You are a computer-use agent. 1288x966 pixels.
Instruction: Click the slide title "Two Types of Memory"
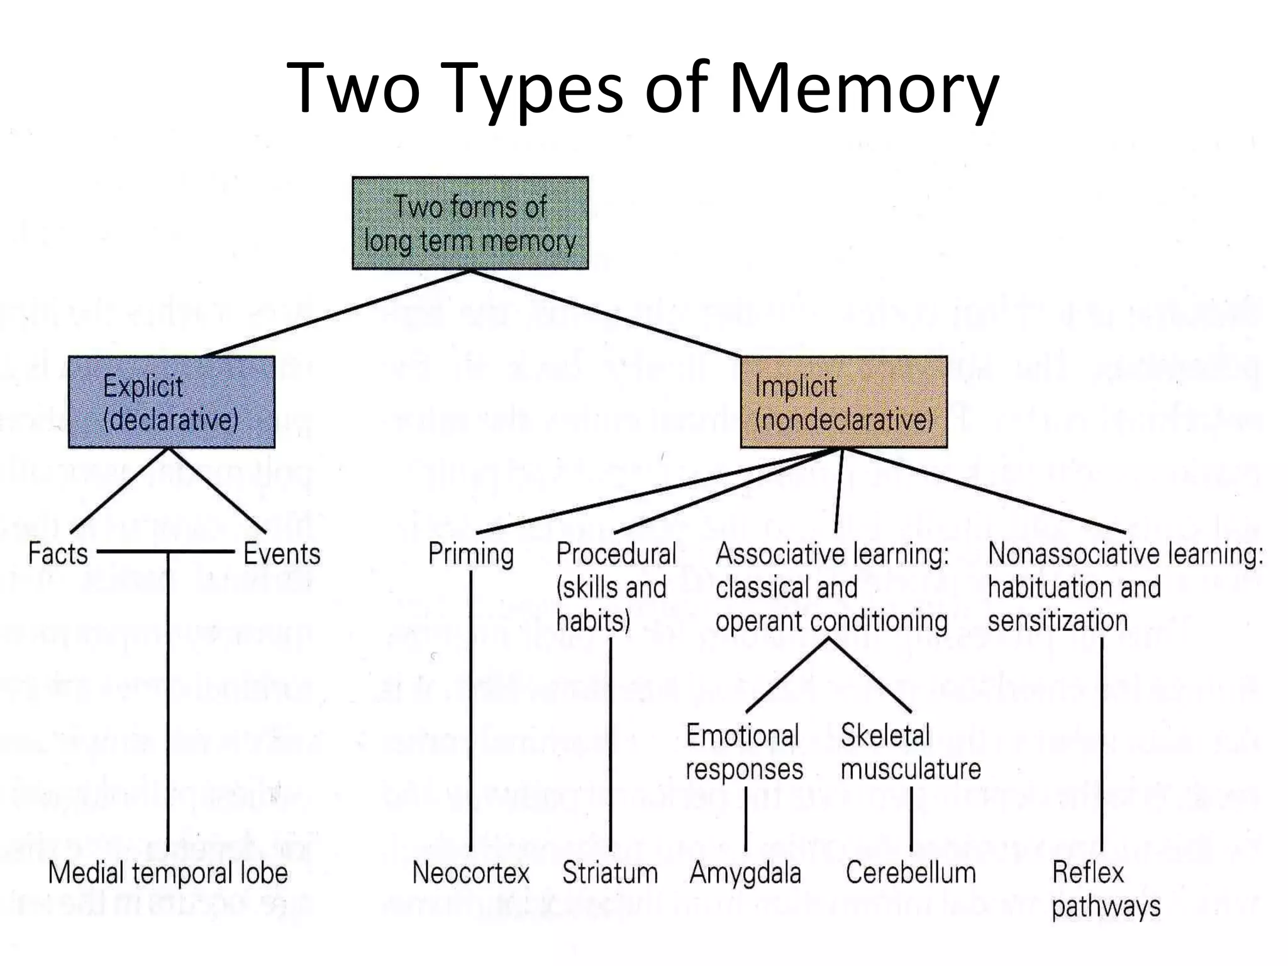[x=642, y=88]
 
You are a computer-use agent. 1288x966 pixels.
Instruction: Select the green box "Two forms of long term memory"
[x=470, y=223]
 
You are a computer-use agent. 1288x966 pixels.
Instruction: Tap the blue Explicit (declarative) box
[x=171, y=402]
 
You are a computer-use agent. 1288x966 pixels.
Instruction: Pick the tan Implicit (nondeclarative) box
[x=843, y=402]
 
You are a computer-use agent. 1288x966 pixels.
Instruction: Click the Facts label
[x=58, y=554]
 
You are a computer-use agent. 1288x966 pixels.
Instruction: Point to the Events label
[x=282, y=554]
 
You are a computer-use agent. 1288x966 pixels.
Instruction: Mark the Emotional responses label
[x=744, y=752]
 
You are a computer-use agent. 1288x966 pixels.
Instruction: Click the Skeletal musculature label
[x=910, y=752]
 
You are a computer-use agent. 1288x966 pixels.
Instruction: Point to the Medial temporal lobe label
[x=168, y=873]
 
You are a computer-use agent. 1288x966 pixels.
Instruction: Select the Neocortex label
[x=470, y=873]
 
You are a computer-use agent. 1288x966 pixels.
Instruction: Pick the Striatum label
[x=610, y=873]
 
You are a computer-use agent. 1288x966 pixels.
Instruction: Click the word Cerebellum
[x=911, y=873]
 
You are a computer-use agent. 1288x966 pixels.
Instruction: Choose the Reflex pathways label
[x=1105, y=889]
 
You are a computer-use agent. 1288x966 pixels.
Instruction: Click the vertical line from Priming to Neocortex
[x=470, y=711]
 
